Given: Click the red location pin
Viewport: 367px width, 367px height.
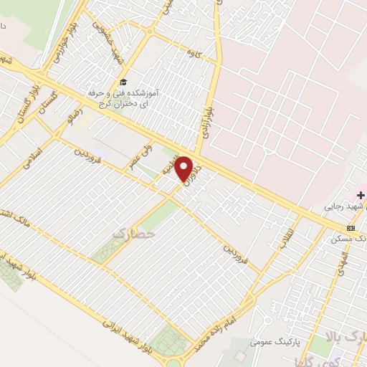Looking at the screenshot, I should (x=185, y=168).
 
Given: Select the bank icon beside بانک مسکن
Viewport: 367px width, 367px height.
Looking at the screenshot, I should (x=350, y=228).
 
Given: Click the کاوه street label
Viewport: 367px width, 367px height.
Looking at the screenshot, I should (x=191, y=53).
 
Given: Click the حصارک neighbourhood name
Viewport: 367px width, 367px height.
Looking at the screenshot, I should (x=133, y=233).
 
